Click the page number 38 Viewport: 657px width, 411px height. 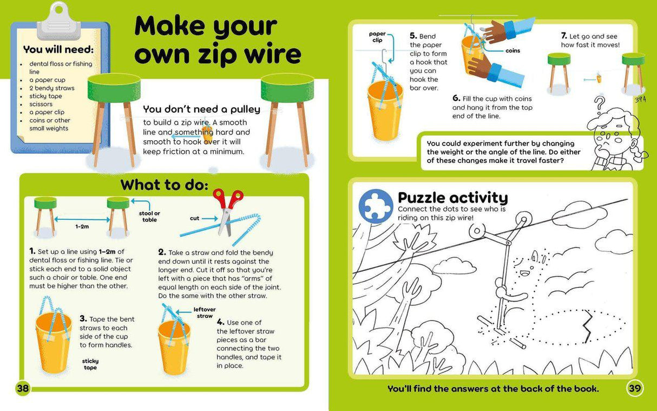coord(22,388)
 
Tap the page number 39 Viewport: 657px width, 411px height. coord(634,388)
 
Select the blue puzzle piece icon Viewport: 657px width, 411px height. coord(376,205)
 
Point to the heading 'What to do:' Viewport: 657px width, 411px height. coord(164,185)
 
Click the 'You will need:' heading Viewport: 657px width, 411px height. coord(58,49)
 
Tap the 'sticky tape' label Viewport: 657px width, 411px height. coord(90,364)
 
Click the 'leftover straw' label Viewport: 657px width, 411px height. coord(205,312)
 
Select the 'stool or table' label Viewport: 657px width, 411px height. coord(149,216)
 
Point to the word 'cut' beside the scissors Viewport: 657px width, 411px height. coord(195,218)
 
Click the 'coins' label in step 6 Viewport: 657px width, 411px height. coord(513,51)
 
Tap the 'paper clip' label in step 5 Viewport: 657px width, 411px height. coord(377,37)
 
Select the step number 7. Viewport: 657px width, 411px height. coord(564,36)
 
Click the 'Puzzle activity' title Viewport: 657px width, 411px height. coord(452,197)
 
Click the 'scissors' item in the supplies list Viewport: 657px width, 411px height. coord(41,104)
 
